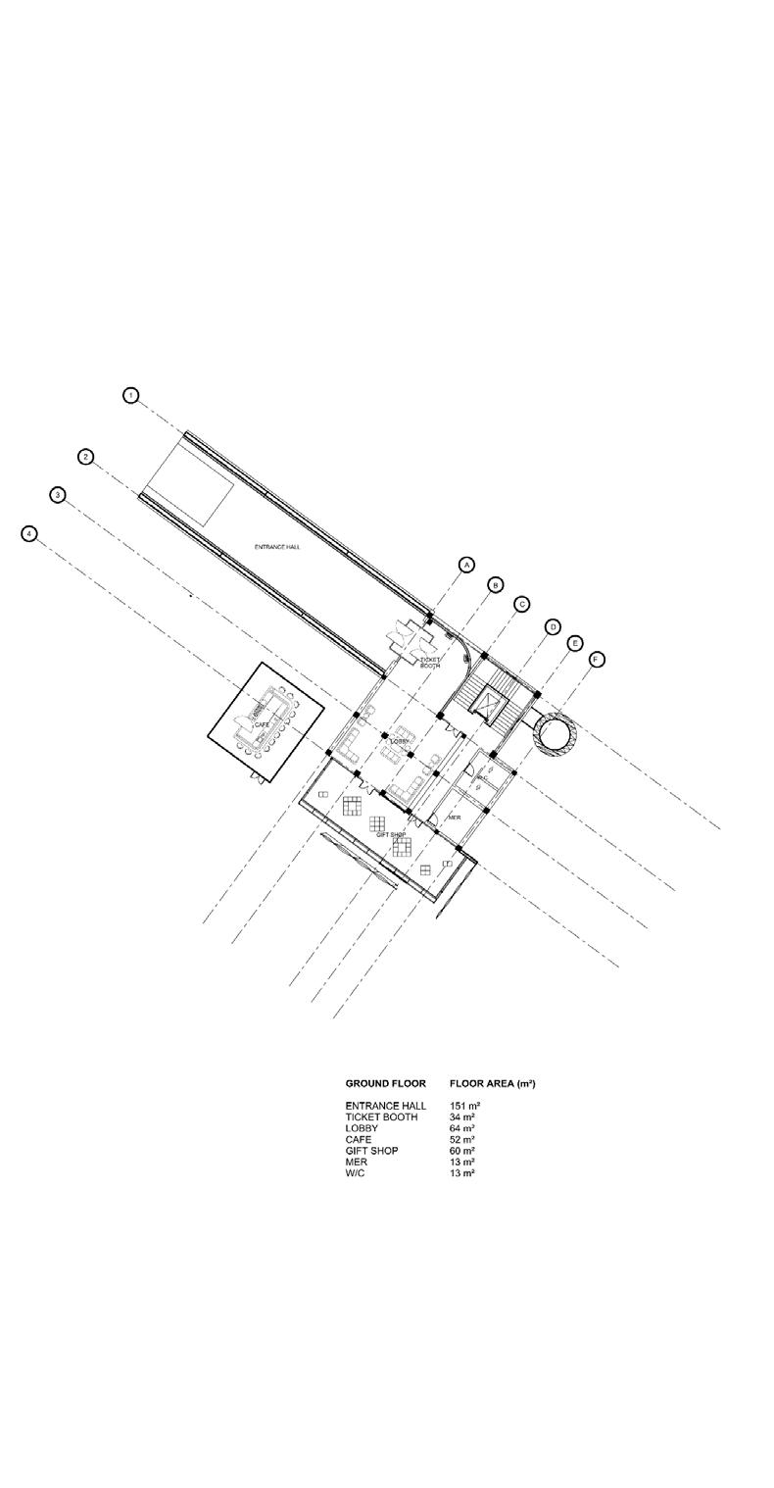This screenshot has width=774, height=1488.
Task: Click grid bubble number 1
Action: click(130, 395)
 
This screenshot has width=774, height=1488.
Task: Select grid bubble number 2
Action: click(86, 457)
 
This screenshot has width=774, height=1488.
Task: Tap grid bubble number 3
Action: click(58, 495)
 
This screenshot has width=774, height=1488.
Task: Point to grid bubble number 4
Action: click(29, 533)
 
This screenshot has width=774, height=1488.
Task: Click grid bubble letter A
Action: click(466, 565)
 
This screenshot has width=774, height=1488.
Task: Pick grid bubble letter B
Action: click(496, 584)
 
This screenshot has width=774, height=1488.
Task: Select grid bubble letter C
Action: click(522, 604)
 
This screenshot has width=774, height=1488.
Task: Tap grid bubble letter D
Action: click(553, 626)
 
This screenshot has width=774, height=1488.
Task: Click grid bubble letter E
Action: click(575, 643)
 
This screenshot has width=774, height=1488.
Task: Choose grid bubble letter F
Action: click(597, 660)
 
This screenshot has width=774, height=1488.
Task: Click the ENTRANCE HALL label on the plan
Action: click(277, 547)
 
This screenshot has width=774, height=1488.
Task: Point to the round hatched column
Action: click(556, 733)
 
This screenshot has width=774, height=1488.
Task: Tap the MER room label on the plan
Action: click(454, 817)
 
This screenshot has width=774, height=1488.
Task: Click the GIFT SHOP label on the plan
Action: click(391, 835)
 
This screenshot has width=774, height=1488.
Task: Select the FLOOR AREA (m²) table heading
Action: click(492, 1084)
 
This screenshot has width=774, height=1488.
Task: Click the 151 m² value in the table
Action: click(464, 1106)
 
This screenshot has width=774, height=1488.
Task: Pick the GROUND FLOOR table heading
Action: click(385, 1084)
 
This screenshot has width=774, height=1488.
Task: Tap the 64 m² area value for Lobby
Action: click(461, 1128)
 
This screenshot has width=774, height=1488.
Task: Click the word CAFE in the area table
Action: click(358, 1140)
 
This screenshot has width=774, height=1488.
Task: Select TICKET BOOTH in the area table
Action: click(381, 1117)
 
